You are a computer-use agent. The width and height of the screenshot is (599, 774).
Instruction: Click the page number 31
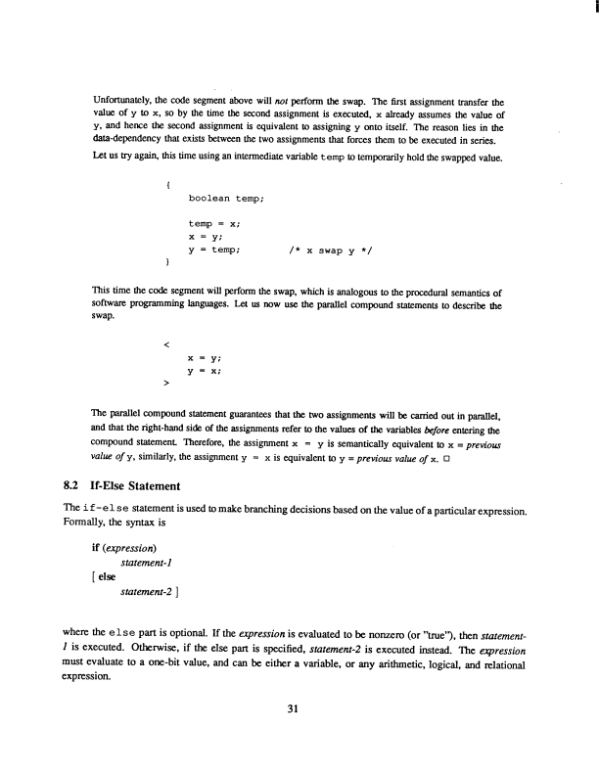tap(299, 711)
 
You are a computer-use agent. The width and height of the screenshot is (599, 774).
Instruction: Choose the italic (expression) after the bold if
tap(131, 548)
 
